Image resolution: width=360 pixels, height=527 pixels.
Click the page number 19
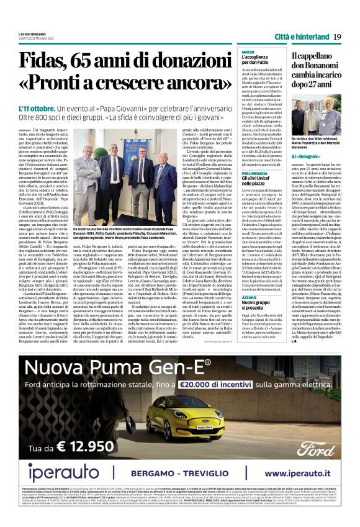pyautogui.click(x=337, y=37)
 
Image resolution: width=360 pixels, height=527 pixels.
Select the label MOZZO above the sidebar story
pyautogui.click(x=248, y=52)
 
